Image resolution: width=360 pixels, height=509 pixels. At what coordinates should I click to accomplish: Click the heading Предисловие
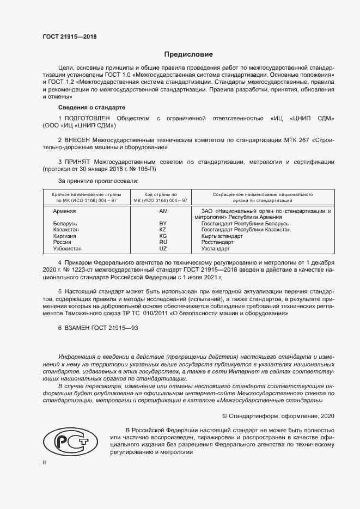pos(189,54)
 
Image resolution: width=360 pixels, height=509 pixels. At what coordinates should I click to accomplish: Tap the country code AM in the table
pos(163,211)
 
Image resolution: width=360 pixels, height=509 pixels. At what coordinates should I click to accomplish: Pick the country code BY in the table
pos(163,224)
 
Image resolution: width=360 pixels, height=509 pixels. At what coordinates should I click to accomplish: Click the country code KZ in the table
pos(163,230)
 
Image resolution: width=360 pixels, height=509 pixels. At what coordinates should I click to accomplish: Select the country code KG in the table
pos(163,236)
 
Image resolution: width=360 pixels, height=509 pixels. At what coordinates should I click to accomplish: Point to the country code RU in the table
pos(163,242)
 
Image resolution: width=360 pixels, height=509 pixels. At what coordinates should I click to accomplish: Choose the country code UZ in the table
pos(163,248)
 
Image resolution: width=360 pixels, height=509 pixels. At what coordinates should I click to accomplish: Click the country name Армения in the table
pos(64,211)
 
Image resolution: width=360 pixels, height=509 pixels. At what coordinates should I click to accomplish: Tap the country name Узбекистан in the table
pos(68,248)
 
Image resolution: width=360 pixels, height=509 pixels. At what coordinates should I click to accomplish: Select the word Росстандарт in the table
pos(217,242)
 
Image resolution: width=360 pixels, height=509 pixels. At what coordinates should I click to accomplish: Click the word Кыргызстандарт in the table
pos(222,236)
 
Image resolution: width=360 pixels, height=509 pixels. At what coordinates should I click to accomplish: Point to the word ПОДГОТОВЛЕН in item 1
pos(87,118)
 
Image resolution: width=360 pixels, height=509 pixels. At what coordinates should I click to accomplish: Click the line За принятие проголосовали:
pos(98,180)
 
